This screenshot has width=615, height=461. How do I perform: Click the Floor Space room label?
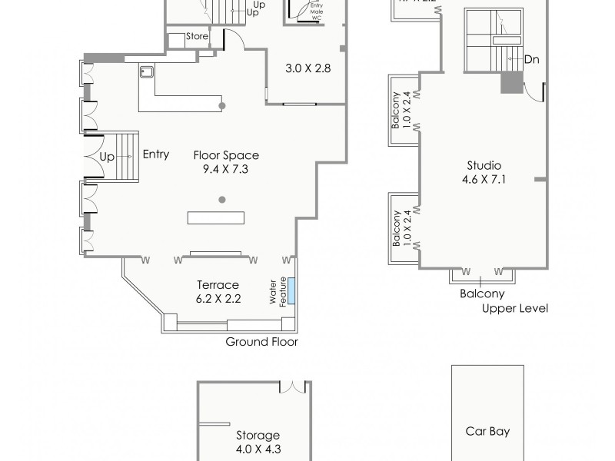tap(225, 154)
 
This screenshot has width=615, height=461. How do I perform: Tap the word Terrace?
tap(218, 284)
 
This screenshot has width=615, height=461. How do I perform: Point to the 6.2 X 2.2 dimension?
tap(218, 298)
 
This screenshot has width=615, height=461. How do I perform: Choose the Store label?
tap(198, 36)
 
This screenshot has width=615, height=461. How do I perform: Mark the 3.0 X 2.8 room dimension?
tap(307, 68)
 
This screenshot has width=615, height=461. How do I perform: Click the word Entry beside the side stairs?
tap(156, 154)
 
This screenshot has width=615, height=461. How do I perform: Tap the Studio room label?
tap(484, 165)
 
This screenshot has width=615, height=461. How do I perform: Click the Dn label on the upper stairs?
tap(530, 59)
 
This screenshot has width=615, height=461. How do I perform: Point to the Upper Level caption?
tap(514, 308)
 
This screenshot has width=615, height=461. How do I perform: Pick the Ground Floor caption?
tap(261, 342)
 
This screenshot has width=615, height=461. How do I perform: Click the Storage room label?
tap(258, 435)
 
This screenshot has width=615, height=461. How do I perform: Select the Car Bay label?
tap(487, 431)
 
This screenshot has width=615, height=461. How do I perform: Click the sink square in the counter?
tap(147, 71)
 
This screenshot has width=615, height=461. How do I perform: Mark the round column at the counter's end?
tap(222, 104)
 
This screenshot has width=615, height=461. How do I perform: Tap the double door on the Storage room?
tap(293, 386)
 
